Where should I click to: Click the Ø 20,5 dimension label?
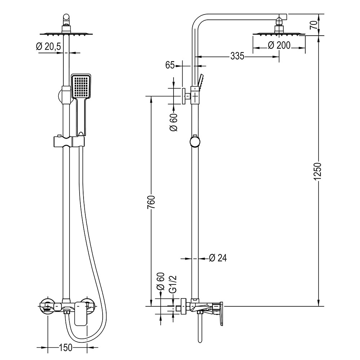pyautogui.click(x=48, y=46)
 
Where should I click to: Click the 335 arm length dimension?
pyautogui.click(x=237, y=56)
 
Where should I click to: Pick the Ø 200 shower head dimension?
pyautogui.click(x=279, y=45)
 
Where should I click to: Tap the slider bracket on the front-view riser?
pyautogui.click(x=69, y=141)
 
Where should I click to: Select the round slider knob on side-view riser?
pyautogui.click(x=194, y=141)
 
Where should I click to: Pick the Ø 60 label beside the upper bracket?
pyautogui.click(x=174, y=122)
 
